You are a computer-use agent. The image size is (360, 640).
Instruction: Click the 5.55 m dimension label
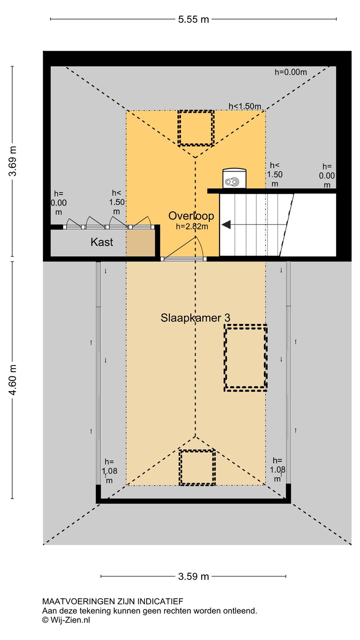click(193, 20)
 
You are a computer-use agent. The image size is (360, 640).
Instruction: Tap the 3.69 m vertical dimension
click(12, 161)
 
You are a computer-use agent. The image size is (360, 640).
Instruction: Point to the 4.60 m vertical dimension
click(12, 380)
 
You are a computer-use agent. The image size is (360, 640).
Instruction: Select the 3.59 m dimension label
click(193, 576)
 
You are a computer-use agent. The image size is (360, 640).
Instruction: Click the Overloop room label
click(191, 216)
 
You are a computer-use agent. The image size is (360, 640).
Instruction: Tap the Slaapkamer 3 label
click(196, 318)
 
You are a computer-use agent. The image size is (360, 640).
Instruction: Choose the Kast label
click(102, 242)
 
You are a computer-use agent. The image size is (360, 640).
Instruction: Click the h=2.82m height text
click(192, 227)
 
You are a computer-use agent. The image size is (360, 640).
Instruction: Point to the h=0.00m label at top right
click(291, 72)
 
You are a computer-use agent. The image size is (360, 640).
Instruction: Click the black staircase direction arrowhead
click(226, 225)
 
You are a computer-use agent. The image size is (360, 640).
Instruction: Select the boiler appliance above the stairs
click(234, 178)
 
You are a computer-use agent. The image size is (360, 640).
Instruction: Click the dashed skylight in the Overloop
click(196, 128)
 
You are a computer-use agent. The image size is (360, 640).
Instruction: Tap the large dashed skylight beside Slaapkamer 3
click(245, 357)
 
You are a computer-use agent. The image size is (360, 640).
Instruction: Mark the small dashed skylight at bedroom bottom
click(197, 468)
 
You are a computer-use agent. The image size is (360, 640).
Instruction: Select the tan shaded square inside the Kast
click(140, 243)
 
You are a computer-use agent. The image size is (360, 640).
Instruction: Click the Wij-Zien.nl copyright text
click(66, 620)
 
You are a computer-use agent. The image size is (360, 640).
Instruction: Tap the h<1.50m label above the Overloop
click(245, 106)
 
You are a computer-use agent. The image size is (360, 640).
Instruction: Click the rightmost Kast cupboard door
click(141, 223)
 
